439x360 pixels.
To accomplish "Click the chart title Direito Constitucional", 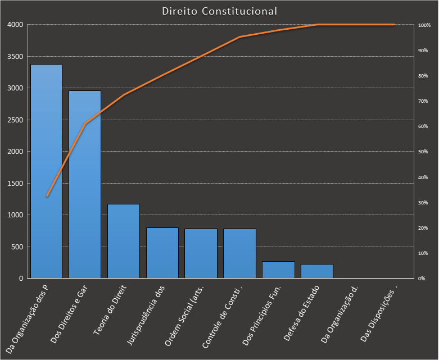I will click(x=219, y=11).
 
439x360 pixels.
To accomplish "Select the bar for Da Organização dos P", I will click(x=46, y=171).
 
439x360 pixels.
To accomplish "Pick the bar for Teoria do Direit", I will click(x=124, y=241).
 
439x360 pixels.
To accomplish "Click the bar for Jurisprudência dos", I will click(x=162, y=253).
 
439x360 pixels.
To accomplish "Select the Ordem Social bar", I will click(x=201, y=253).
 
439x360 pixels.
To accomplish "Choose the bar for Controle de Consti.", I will click(x=239, y=253).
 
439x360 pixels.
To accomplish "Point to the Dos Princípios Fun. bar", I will click(x=278, y=270).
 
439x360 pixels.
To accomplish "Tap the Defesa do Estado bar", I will click(x=317, y=271).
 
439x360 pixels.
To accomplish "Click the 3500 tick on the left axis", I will click(x=15, y=57).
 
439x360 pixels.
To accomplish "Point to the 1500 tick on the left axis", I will click(x=15, y=184).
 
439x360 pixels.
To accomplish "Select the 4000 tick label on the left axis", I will click(x=15, y=25).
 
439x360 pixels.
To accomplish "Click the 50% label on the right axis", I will click(x=423, y=152).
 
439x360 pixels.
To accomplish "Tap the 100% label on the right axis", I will click(x=424, y=25).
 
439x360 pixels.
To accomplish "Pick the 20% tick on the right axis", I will click(x=423, y=228).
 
